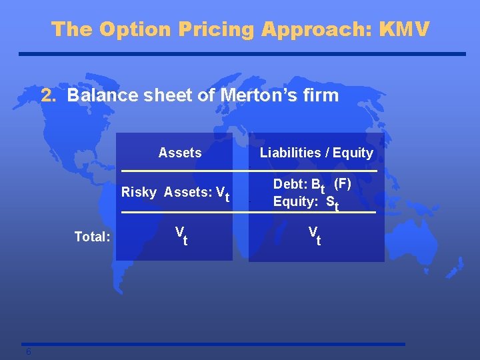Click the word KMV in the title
click(405, 29)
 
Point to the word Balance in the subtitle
click(97, 95)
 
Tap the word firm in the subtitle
click(322, 95)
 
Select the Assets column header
click(180, 153)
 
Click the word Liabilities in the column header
click(291, 153)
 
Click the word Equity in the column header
click(353, 153)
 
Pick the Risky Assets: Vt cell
click(175, 193)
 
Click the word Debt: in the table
click(287, 184)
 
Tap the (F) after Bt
click(342, 183)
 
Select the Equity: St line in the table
click(306, 202)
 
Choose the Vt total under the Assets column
click(181, 235)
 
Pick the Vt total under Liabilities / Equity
click(314, 235)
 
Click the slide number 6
click(28, 352)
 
